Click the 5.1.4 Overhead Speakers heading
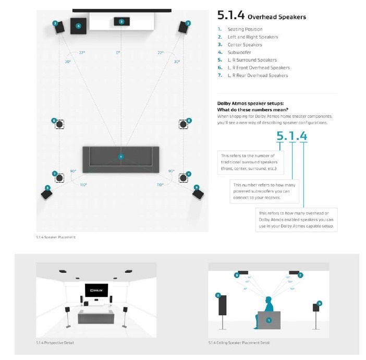(261, 16)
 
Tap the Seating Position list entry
(245, 30)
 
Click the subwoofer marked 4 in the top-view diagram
(79, 26)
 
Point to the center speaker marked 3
(121, 22)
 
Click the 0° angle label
(118, 53)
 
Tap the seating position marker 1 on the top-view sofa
(121, 157)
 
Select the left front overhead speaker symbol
(60, 124)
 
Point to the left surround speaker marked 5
(46, 194)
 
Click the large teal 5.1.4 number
(291, 137)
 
